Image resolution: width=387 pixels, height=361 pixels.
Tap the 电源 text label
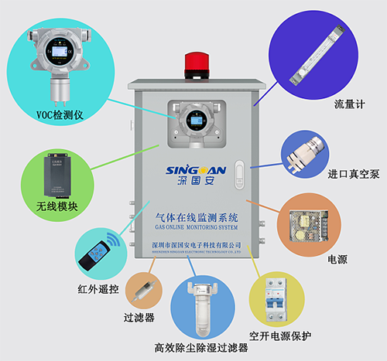(338, 259)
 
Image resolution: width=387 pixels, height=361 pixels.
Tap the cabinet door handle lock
(239, 173)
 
